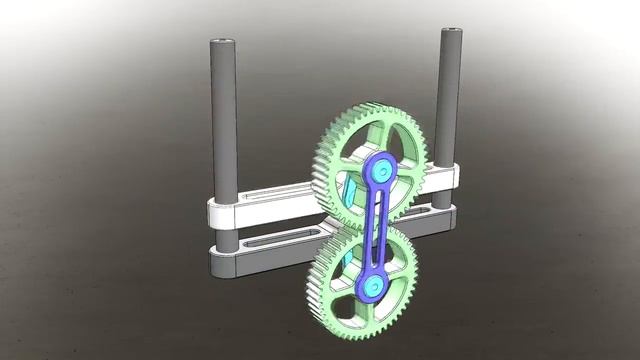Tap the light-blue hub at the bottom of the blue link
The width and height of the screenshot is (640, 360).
[372, 287]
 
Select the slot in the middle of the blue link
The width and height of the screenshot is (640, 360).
[376, 229]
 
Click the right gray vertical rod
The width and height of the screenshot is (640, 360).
[449, 100]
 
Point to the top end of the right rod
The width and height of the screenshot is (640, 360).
[451, 33]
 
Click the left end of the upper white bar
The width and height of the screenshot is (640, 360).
[213, 212]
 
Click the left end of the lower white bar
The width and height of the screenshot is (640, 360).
[215, 262]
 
